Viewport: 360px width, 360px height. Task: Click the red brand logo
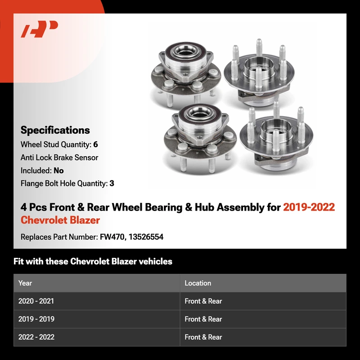(x=39, y=29)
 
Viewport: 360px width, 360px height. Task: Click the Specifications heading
(x=55, y=130)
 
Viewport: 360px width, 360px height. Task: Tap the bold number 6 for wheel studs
(x=95, y=144)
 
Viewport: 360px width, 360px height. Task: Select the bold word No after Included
(x=58, y=171)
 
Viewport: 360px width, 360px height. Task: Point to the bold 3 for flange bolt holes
(x=112, y=184)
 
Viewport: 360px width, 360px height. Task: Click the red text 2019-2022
(x=309, y=207)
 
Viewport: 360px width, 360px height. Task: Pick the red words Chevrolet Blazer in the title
(x=60, y=220)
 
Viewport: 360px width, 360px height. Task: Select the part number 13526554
(x=146, y=237)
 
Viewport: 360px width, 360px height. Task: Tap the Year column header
(x=25, y=283)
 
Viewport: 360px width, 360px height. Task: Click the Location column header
(x=198, y=283)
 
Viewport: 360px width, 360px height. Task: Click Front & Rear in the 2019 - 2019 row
(x=203, y=319)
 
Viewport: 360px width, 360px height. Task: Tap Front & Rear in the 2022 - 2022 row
(x=203, y=337)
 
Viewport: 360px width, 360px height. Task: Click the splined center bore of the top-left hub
(x=185, y=52)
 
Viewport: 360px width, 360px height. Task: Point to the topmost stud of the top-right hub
(x=259, y=47)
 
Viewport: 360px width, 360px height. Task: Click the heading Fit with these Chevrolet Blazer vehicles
(x=93, y=261)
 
